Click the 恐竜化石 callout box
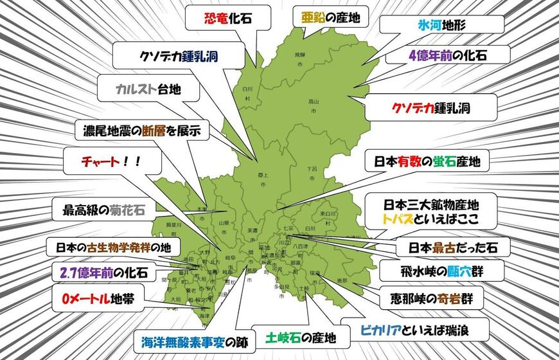pos(218,18)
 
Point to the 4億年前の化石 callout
pos(448,56)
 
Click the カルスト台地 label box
pos(148,90)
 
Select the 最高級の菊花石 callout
pos(103,210)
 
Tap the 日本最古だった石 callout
pos(445,246)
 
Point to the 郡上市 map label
pos(263,179)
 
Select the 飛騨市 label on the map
pos(299,59)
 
